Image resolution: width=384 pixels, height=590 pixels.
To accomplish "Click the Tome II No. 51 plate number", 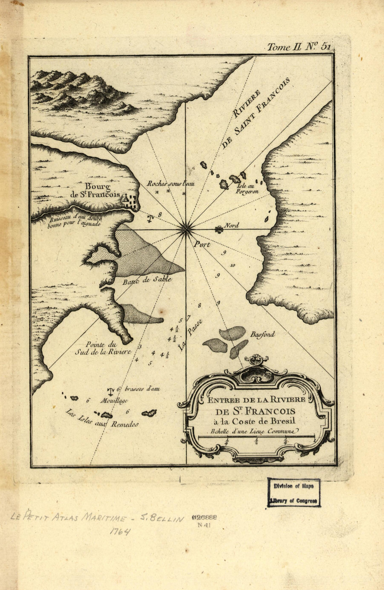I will point(299,47).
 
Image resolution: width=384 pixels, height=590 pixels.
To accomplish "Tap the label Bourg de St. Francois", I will point(95,191).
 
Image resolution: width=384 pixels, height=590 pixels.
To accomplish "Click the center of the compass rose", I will point(186,229).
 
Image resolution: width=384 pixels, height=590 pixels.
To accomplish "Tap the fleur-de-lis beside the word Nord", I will point(219,229).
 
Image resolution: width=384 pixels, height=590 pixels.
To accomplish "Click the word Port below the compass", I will point(202,245).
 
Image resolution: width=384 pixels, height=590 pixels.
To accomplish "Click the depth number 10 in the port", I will point(232,266).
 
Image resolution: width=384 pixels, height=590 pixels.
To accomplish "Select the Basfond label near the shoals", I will point(262,335).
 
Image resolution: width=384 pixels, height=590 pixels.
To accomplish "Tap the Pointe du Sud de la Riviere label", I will point(102,348).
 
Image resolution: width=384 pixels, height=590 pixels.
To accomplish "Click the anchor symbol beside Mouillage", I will point(111,391).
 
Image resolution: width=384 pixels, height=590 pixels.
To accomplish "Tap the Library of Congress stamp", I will point(294,492).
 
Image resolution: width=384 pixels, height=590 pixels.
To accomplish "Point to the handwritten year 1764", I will point(120,532).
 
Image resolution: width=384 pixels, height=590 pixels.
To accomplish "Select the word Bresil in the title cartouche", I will point(283,421).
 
